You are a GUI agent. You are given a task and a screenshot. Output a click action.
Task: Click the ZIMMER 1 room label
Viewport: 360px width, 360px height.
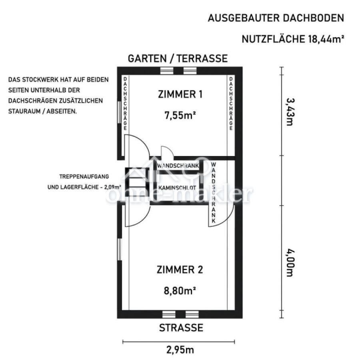pos(180,94)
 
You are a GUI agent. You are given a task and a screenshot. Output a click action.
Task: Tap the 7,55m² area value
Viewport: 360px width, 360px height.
pos(180,115)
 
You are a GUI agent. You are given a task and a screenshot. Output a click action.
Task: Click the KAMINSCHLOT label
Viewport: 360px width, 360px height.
pos(177,188)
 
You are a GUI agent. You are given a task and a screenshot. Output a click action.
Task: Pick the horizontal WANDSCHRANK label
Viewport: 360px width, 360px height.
pos(178,166)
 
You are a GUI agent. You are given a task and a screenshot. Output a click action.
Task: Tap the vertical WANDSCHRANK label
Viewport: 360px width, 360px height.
pos(214,193)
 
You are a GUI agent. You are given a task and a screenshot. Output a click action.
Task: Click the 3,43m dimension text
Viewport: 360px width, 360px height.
pos(290,112)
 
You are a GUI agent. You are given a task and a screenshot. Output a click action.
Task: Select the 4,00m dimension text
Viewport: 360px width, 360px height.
pos(290,263)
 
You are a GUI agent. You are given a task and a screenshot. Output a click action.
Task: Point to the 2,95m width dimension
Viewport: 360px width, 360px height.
pos(180,350)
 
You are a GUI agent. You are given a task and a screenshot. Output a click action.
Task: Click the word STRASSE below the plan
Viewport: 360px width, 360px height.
pos(181,328)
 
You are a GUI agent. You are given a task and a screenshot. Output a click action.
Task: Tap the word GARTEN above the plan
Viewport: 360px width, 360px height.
pos(147,58)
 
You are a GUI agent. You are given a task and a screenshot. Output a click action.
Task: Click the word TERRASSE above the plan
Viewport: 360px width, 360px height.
pos(202,58)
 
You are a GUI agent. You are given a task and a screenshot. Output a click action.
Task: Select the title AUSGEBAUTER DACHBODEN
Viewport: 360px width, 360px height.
pos(276,18)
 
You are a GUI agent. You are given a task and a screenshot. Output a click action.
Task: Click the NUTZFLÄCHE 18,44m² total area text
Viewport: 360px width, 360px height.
pos(293,39)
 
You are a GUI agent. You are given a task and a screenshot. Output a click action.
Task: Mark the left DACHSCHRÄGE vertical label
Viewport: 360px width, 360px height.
pos(125,104)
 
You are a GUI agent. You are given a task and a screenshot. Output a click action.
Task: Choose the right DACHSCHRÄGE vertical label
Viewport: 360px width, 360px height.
pos(231,104)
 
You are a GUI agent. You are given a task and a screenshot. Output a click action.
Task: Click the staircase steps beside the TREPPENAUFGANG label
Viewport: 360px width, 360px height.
pos(137,182)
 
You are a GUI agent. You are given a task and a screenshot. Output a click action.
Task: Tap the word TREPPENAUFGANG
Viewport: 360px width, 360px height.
pos(84,177)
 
